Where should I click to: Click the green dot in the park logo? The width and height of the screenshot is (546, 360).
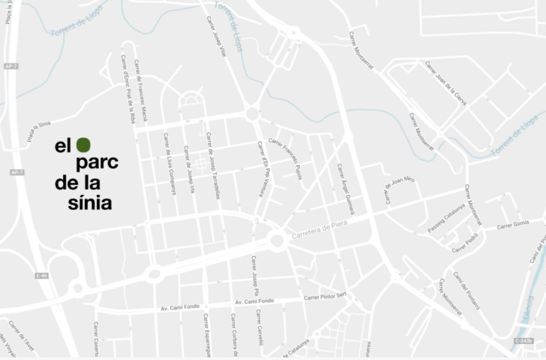click(x=83, y=145)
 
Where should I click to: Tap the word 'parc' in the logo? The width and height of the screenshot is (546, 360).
click(x=97, y=162)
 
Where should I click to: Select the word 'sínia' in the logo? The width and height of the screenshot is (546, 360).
click(x=90, y=202)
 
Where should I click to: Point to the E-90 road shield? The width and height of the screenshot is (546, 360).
click(x=42, y=275)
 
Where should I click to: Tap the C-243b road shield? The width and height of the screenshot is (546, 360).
click(x=523, y=341)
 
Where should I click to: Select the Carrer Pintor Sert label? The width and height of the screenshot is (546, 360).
click(x=325, y=296)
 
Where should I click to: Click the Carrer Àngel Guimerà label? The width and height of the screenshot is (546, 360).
click(x=346, y=189)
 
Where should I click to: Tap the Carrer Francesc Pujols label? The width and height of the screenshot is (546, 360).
click(x=285, y=158)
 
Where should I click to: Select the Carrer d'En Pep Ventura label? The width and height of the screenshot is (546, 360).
click(x=263, y=169)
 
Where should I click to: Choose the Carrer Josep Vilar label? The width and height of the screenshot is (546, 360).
click(x=217, y=36)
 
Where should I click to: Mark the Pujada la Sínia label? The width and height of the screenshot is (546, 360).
click(x=38, y=131)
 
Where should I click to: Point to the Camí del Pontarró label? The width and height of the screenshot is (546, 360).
click(x=466, y=290)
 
